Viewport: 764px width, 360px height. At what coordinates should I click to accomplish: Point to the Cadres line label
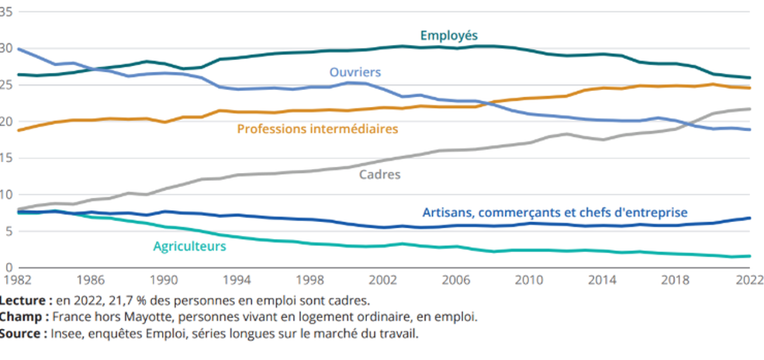[379, 175]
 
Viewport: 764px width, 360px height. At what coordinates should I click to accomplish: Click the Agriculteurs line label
[189, 247]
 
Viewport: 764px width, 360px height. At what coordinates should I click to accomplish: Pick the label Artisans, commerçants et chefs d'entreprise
[555, 212]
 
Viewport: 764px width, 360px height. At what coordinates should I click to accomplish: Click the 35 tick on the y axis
[8, 10]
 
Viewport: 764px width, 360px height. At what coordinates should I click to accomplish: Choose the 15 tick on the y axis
[8, 157]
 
